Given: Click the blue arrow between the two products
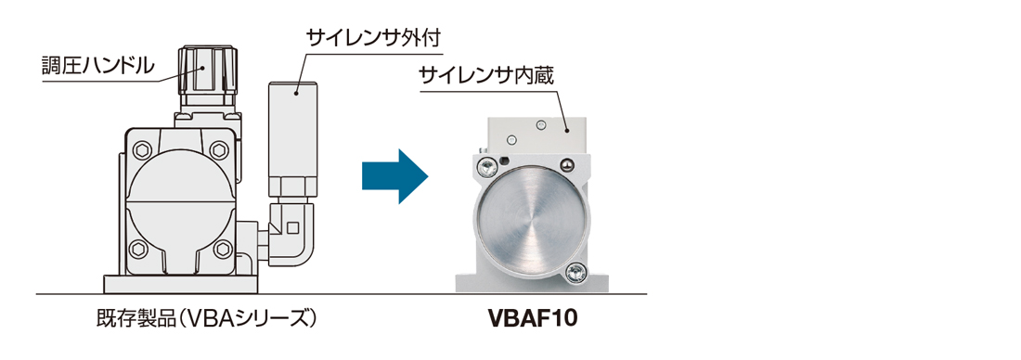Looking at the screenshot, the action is (394, 174).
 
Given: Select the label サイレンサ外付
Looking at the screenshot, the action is (372, 39).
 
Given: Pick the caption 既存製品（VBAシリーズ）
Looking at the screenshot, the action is (207, 319).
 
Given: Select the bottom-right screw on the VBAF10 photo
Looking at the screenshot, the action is (575, 271).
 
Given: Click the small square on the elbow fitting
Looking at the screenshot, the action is (292, 225).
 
